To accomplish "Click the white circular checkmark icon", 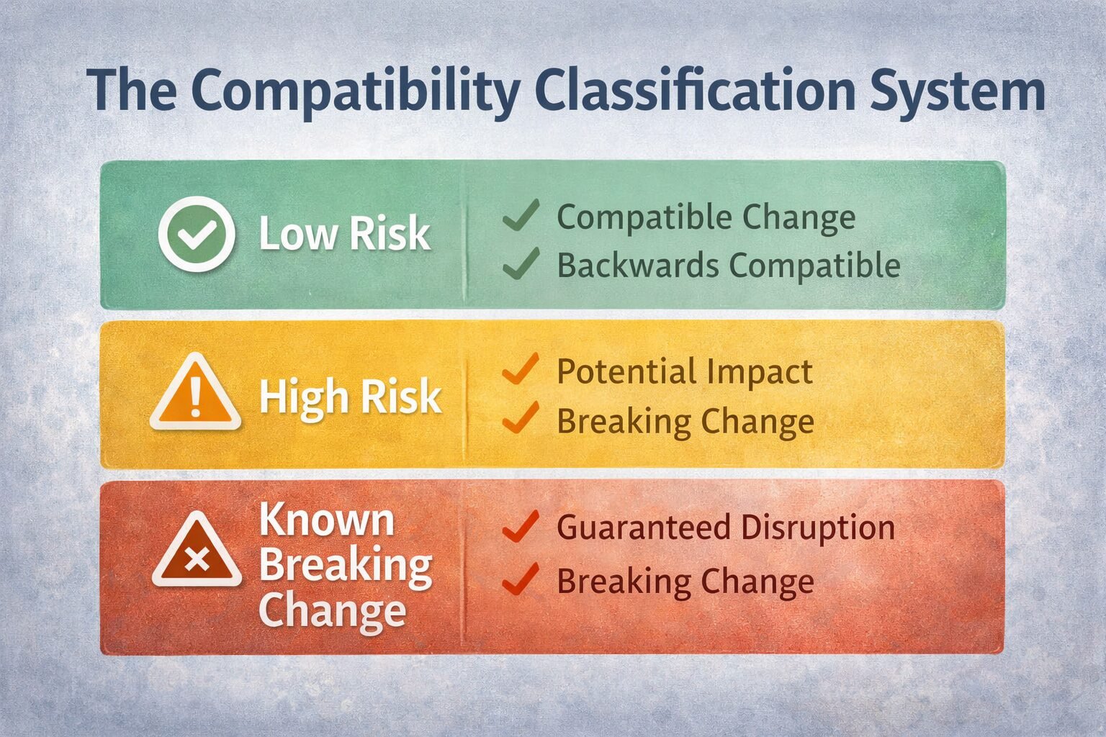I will pos(197,234).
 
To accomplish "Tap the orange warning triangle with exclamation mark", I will pos(195,394).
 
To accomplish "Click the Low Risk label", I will pos(344,234).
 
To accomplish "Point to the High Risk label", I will pos(350,397).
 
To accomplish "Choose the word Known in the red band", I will pos(327,519).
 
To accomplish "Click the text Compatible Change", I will pos(706,217).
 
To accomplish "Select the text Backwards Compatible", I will pos(728,265).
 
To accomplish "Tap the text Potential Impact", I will pos(684,371).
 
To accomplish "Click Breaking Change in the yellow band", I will pos(685,421).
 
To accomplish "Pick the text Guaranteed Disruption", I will pos(726,527).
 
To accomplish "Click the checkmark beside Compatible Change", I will pos(521,215).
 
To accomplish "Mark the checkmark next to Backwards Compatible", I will pos(521,263).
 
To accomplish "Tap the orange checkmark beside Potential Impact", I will pos(520,369).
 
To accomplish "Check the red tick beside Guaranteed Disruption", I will pos(520,526).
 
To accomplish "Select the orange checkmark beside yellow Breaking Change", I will pos(520,418).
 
